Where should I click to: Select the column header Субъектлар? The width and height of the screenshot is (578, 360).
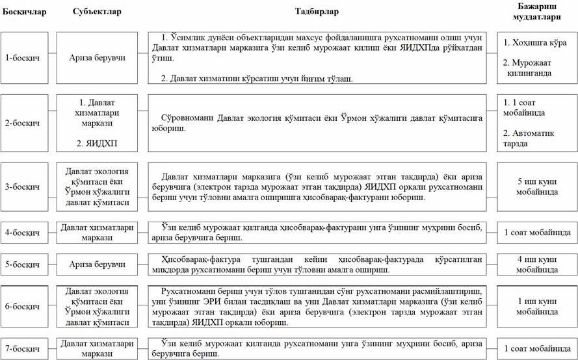[97, 12]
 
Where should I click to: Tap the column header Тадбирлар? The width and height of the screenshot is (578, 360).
[317, 12]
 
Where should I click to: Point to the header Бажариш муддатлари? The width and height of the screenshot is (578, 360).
[536, 12]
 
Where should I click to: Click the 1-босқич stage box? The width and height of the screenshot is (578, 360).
[23, 58]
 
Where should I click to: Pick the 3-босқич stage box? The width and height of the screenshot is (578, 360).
[23, 187]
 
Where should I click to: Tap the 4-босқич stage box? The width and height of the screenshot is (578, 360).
[23, 232]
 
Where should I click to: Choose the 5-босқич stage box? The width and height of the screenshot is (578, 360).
[23, 264]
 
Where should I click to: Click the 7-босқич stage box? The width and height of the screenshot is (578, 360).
[23, 349]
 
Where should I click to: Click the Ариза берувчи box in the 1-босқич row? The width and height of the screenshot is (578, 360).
[98, 58]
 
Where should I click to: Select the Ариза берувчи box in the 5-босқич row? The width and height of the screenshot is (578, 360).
[98, 264]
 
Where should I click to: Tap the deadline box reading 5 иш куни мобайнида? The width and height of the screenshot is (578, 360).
[536, 187]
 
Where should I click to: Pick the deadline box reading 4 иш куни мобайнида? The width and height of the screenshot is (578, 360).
[536, 264]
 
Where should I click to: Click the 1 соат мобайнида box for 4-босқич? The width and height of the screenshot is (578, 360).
[536, 232]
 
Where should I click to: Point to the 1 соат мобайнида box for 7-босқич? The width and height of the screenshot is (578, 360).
[536, 349]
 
